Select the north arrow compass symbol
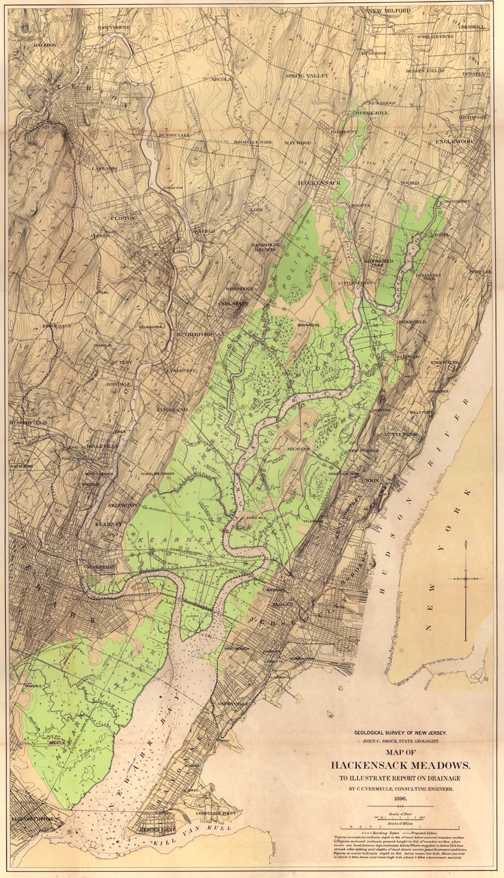tap(466, 578)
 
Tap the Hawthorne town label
tap(114, 27)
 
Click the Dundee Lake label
tap(175, 135)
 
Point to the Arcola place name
tap(222, 79)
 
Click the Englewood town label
tap(454, 141)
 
